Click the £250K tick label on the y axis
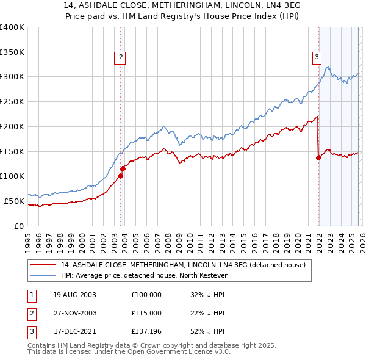pos(13,101)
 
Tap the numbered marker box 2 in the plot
pos(121,58)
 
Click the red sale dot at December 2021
pos(318,157)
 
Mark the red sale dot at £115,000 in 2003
pos(123,168)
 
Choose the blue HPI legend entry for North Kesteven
pos(144,275)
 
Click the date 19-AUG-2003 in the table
pos(74,294)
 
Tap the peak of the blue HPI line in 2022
pos(328,67)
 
